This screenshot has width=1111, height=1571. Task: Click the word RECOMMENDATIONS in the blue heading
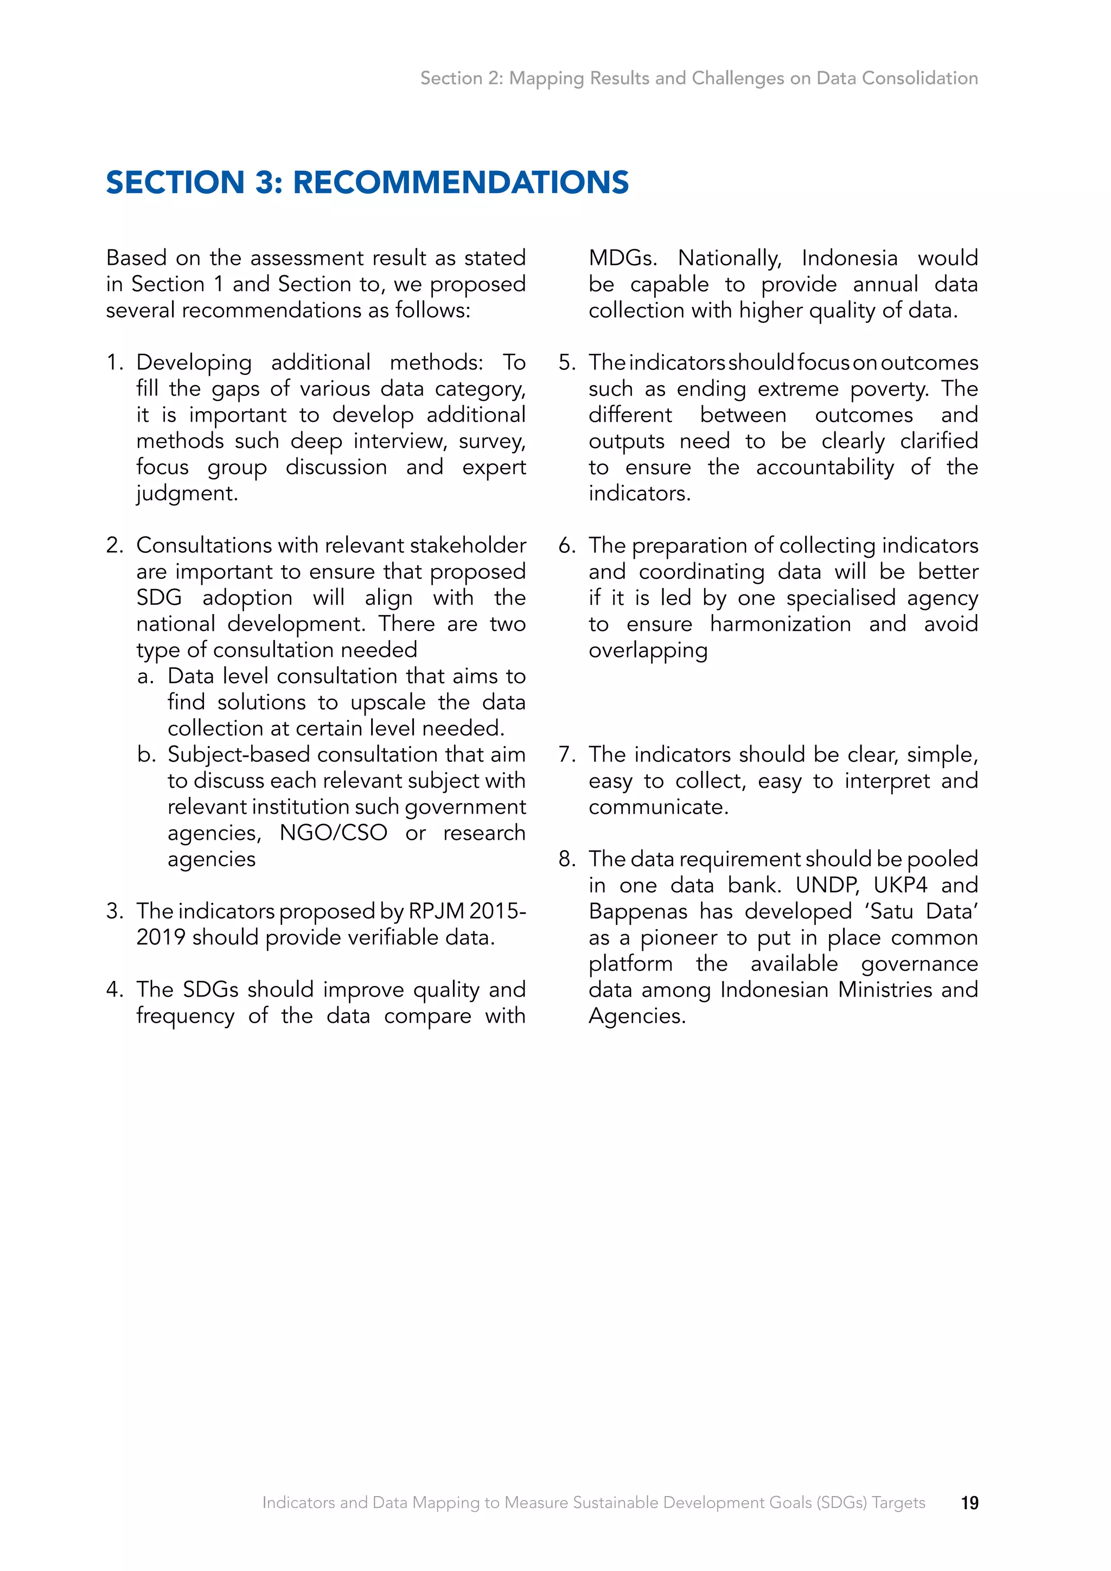[461, 183]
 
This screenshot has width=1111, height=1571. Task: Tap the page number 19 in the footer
[969, 1503]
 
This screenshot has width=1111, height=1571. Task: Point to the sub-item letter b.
[146, 755]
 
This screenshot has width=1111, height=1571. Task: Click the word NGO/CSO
[333, 833]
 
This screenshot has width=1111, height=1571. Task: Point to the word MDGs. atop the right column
[623, 259]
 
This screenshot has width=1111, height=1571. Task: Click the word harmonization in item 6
[781, 624]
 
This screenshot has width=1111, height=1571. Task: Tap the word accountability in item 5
[825, 467]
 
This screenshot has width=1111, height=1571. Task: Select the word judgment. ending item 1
[187, 493]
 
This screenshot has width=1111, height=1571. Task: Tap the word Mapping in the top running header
[547, 78]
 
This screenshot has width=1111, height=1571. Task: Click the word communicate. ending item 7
[658, 807]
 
